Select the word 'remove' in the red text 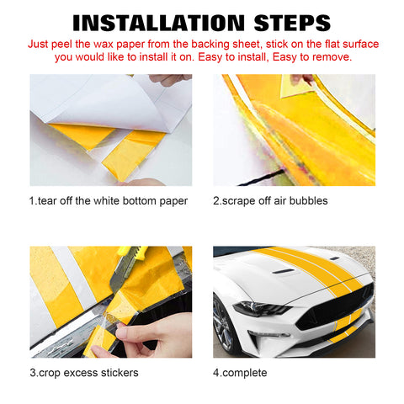pos(330,56)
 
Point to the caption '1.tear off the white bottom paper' pos(109,200)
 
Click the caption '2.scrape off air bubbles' pos(270,200)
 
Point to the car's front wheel pos(223,327)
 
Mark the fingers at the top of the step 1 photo pos(168,79)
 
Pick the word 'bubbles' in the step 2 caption pos(306,200)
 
